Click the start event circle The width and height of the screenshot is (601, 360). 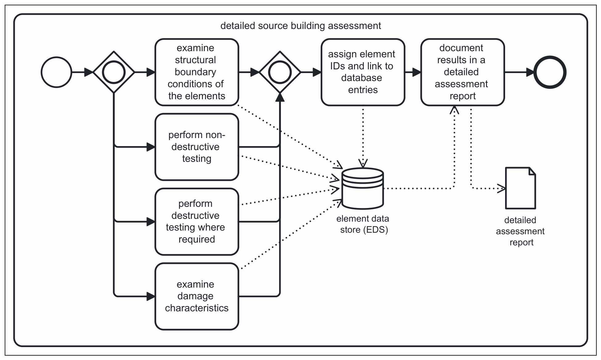tap(56, 72)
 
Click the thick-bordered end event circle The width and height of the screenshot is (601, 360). tap(550, 72)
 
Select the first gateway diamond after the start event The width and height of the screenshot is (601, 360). tap(114, 72)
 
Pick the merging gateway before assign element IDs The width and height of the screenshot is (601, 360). tap(280, 72)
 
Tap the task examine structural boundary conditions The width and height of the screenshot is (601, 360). tap(197, 72)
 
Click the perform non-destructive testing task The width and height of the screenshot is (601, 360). tap(197, 147)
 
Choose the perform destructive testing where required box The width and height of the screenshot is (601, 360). tap(197, 222)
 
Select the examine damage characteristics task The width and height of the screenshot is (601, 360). tap(197, 296)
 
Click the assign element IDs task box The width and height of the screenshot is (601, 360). tap(363, 72)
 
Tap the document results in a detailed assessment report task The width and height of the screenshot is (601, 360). tap(463, 72)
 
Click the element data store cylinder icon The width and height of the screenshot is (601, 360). tap(363, 188)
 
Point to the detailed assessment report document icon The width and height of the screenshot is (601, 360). tap(521, 188)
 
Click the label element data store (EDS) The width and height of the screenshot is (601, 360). tap(363, 224)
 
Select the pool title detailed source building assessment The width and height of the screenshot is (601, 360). tap(301, 26)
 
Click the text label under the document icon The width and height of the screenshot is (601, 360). tap(521, 231)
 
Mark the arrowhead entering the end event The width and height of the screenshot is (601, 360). tap(530, 72)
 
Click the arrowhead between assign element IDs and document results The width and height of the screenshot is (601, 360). tap(417, 72)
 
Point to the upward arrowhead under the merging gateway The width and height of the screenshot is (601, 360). tap(280, 97)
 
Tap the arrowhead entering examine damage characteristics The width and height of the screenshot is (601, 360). tap(151, 296)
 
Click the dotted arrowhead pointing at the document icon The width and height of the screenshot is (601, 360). tap(501, 188)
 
